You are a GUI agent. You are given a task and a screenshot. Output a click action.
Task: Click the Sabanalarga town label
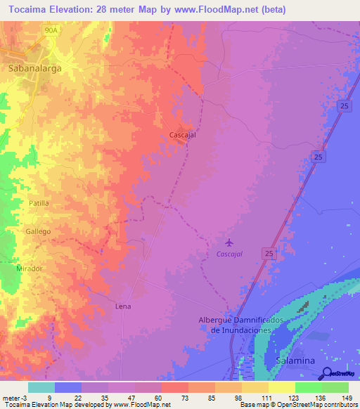click(x=34, y=69)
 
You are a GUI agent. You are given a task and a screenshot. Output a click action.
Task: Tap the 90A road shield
click(x=50, y=31)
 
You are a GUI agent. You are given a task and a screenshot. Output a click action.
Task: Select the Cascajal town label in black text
click(x=182, y=136)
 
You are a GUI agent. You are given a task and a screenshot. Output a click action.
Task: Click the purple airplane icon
click(x=229, y=243)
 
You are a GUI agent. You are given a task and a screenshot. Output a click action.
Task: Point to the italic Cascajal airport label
click(x=229, y=254)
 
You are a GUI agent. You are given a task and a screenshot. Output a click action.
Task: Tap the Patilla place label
click(x=39, y=203)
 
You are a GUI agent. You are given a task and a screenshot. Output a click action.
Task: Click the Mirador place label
click(x=30, y=268)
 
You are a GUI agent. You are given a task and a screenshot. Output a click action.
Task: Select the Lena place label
click(x=123, y=306)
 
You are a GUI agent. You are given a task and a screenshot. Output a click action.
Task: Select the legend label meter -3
click(x=14, y=398)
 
